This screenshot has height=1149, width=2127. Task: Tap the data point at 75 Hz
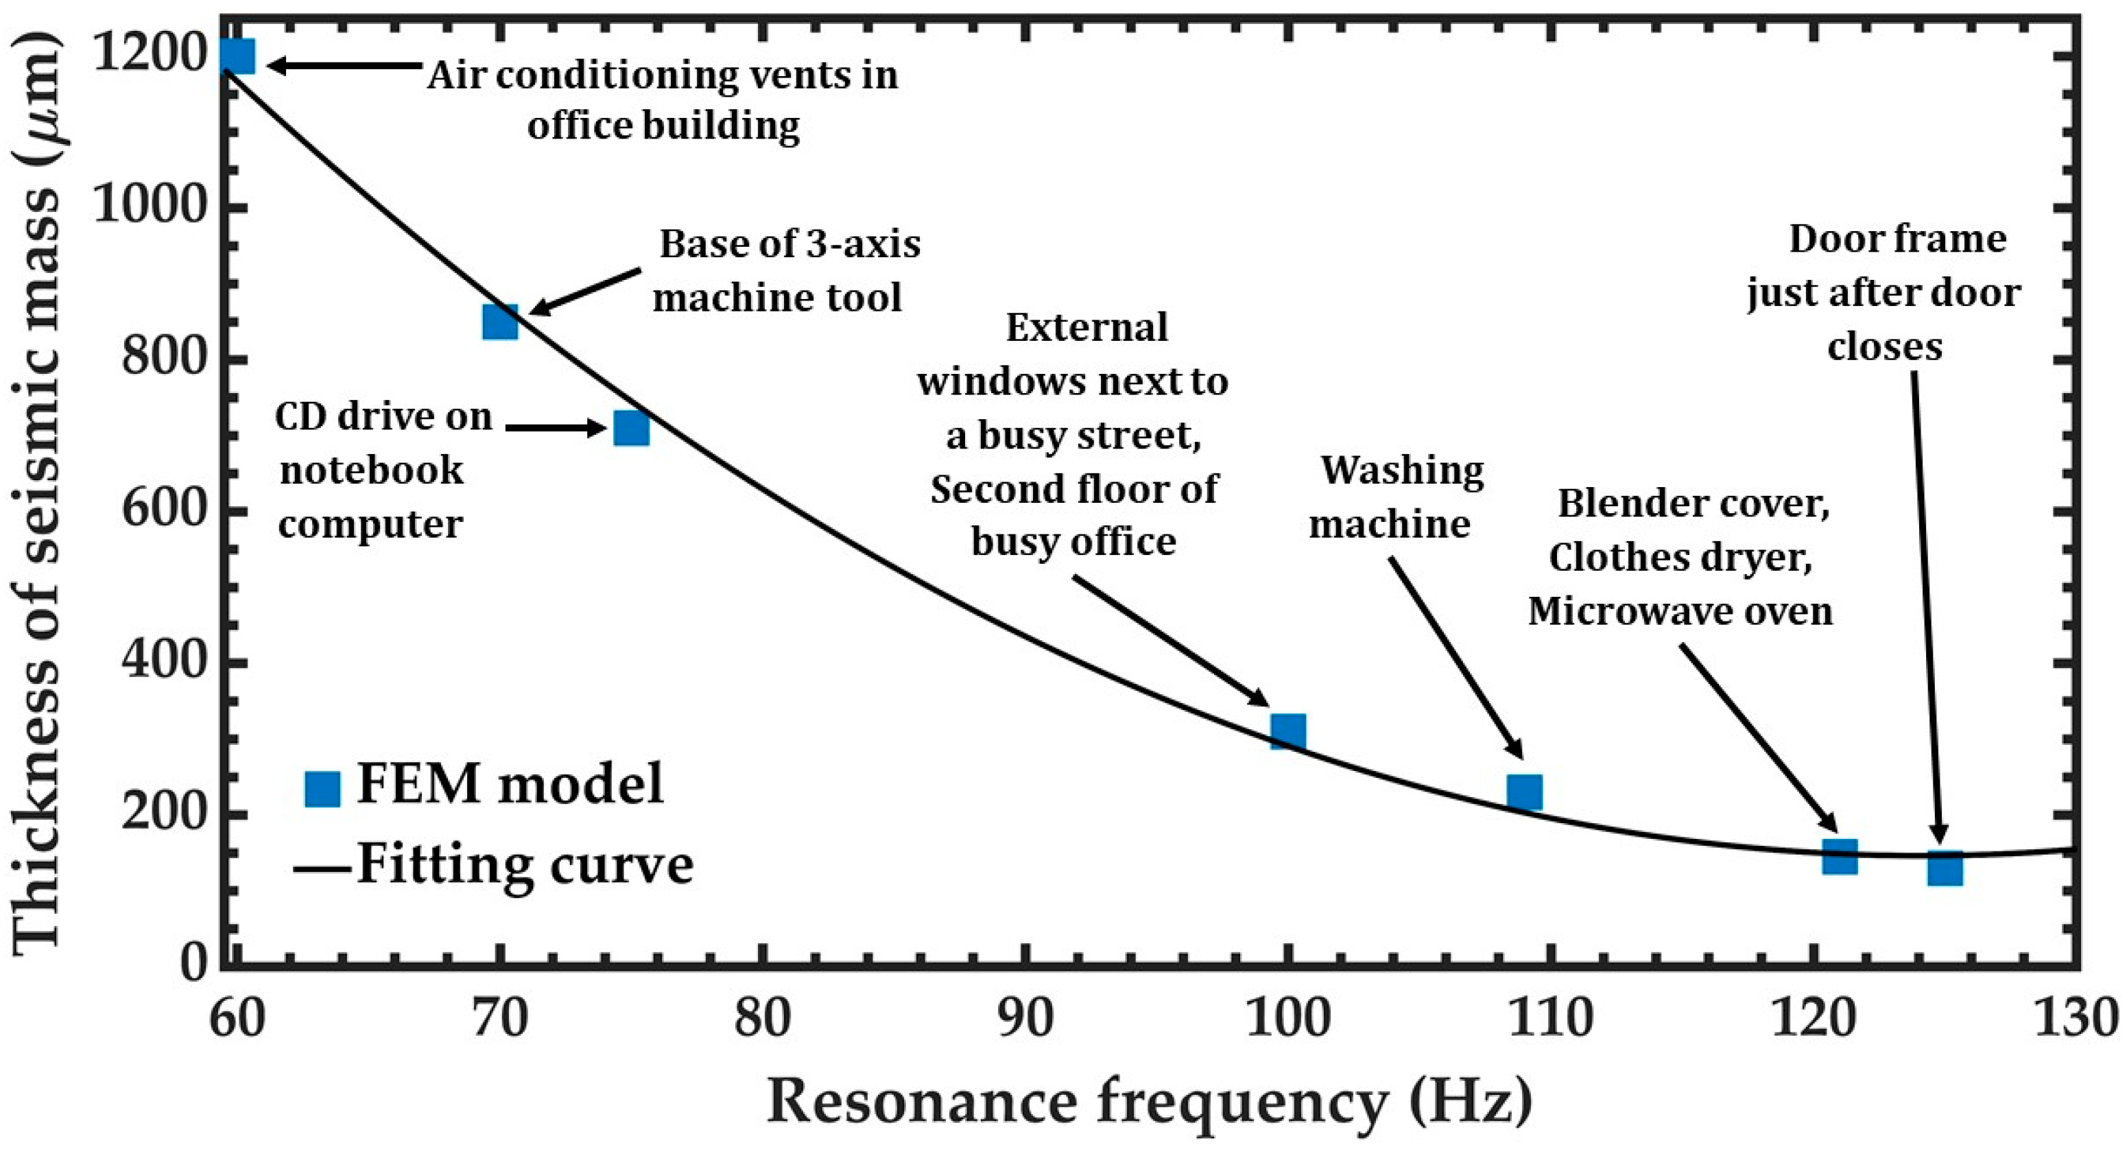(631, 428)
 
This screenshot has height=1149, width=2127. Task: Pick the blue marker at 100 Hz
(1287, 731)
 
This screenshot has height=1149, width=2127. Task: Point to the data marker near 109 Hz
(1524, 792)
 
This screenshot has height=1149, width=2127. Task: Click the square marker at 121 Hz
(1840, 856)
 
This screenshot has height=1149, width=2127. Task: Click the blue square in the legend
(322, 789)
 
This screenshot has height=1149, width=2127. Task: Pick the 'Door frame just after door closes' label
(1884, 292)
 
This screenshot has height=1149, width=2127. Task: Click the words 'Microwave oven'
(1680, 611)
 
